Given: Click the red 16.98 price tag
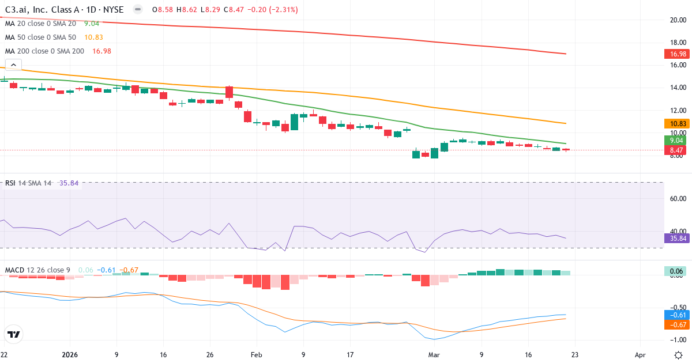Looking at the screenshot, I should pyautogui.click(x=678, y=54).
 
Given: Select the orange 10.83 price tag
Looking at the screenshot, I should pyautogui.click(x=678, y=123).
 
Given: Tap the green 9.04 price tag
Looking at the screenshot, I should pyautogui.click(x=678, y=140).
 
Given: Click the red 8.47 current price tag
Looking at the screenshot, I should pyautogui.click(x=678, y=150).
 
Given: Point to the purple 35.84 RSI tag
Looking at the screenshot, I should pyautogui.click(x=678, y=238).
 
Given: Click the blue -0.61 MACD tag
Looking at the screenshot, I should pyautogui.click(x=678, y=315).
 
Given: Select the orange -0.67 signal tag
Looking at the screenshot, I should pyautogui.click(x=678, y=324).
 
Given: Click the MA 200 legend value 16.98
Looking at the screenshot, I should pyautogui.click(x=101, y=51).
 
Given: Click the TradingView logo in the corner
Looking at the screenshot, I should pyautogui.click(x=13, y=334).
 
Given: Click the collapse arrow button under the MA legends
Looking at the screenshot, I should pyautogui.click(x=13, y=65).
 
